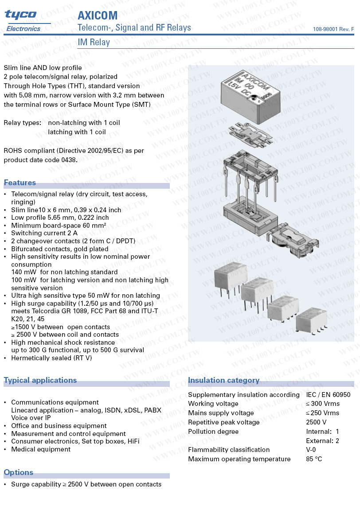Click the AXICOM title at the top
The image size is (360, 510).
98,16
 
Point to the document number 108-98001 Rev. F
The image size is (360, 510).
333,29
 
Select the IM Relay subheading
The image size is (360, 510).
94,43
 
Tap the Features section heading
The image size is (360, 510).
20,183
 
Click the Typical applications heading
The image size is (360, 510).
40,380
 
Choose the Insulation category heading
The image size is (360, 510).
223,380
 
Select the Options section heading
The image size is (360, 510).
19,472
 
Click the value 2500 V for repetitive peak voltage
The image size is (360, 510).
316,422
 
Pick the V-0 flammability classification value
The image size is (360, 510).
311,450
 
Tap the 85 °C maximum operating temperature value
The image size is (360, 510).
314,459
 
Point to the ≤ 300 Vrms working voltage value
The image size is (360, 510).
322,404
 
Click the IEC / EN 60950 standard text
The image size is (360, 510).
328,395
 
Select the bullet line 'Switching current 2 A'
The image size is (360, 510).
44,233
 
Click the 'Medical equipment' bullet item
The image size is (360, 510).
41,449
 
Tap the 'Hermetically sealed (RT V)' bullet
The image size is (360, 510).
51,358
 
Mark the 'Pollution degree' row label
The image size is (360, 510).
213,432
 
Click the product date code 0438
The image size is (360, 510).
68,160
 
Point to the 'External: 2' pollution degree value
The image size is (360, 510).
322,441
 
